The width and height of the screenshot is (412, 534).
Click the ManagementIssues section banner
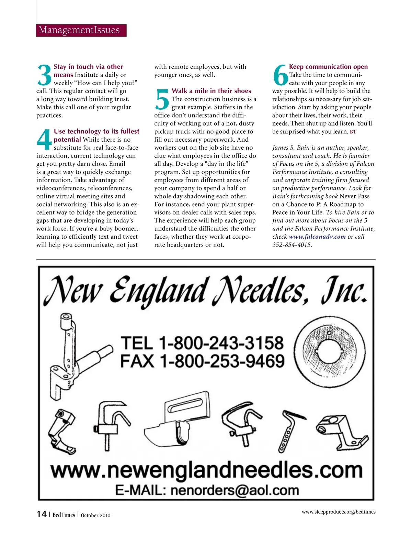tap(81, 30)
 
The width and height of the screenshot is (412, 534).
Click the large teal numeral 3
tap(44, 75)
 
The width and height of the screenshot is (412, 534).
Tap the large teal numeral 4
tap(44, 140)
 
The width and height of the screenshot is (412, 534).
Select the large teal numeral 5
tap(162, 99)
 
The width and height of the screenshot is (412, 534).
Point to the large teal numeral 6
tap(280, 75)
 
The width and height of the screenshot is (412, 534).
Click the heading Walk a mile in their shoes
tap(211, 91)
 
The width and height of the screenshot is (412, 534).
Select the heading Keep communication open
tap(328, 67)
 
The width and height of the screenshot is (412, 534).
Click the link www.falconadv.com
tap(317, 237)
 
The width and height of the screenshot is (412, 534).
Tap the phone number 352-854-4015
tap(292, 245)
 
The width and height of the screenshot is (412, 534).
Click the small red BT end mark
tap(353, 132)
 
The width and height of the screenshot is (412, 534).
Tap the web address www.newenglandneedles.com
tap(207, 470)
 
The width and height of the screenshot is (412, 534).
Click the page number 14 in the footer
tap(42, 514)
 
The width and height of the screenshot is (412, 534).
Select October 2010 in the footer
tap(95, 515)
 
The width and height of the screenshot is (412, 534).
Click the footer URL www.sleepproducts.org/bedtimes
tap(339, 512)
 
